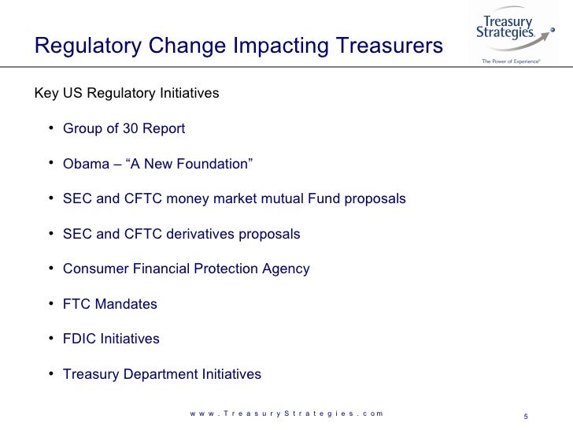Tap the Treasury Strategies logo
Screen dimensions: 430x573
point(508,32)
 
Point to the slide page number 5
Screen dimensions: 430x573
point(525,417)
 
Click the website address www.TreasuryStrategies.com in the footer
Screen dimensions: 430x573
point(286,413)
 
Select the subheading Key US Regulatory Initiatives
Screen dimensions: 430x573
point(127,94)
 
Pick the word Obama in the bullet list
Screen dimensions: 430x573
point(83,164)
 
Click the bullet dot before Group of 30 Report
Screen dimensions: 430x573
point(50,128)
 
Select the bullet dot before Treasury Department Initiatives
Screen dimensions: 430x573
point(50,374)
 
